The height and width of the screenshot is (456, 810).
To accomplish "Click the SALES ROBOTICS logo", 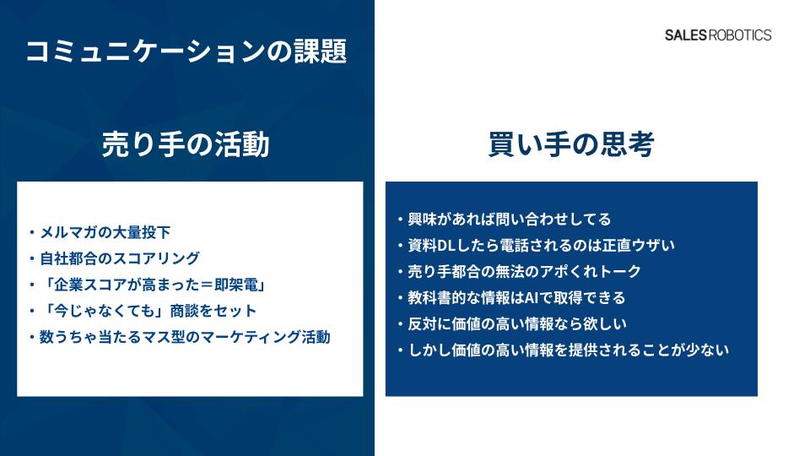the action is (718, 35).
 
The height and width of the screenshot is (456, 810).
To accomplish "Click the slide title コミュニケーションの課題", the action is (186, 51).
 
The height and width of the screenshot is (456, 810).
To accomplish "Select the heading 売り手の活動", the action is (186, 144).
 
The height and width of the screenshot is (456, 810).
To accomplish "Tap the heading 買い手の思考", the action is (571, 144).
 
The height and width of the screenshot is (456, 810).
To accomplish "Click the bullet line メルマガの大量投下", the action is (100, 233).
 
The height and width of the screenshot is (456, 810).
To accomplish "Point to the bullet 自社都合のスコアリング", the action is (115, 258).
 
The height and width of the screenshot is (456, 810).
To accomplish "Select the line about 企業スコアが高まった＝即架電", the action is (148, 285).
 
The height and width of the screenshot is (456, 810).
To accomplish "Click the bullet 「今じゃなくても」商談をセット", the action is (143, 311).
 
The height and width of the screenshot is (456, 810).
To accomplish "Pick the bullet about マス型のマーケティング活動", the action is (181, 337).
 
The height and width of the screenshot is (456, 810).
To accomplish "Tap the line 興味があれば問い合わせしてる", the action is (505, 220).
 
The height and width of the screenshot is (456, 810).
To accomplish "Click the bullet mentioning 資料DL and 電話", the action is (537, 245).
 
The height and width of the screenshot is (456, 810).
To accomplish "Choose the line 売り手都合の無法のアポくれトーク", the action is (520, 271).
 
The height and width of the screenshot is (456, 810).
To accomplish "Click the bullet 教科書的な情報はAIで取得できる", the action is (512, 298).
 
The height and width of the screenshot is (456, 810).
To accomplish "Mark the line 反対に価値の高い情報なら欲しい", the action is (512, 323).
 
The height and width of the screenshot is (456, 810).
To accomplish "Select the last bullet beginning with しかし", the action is (564, 350).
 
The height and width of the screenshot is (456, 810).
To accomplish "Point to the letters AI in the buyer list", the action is (532, 298).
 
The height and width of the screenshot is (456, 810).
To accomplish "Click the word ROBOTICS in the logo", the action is (740, 35).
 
